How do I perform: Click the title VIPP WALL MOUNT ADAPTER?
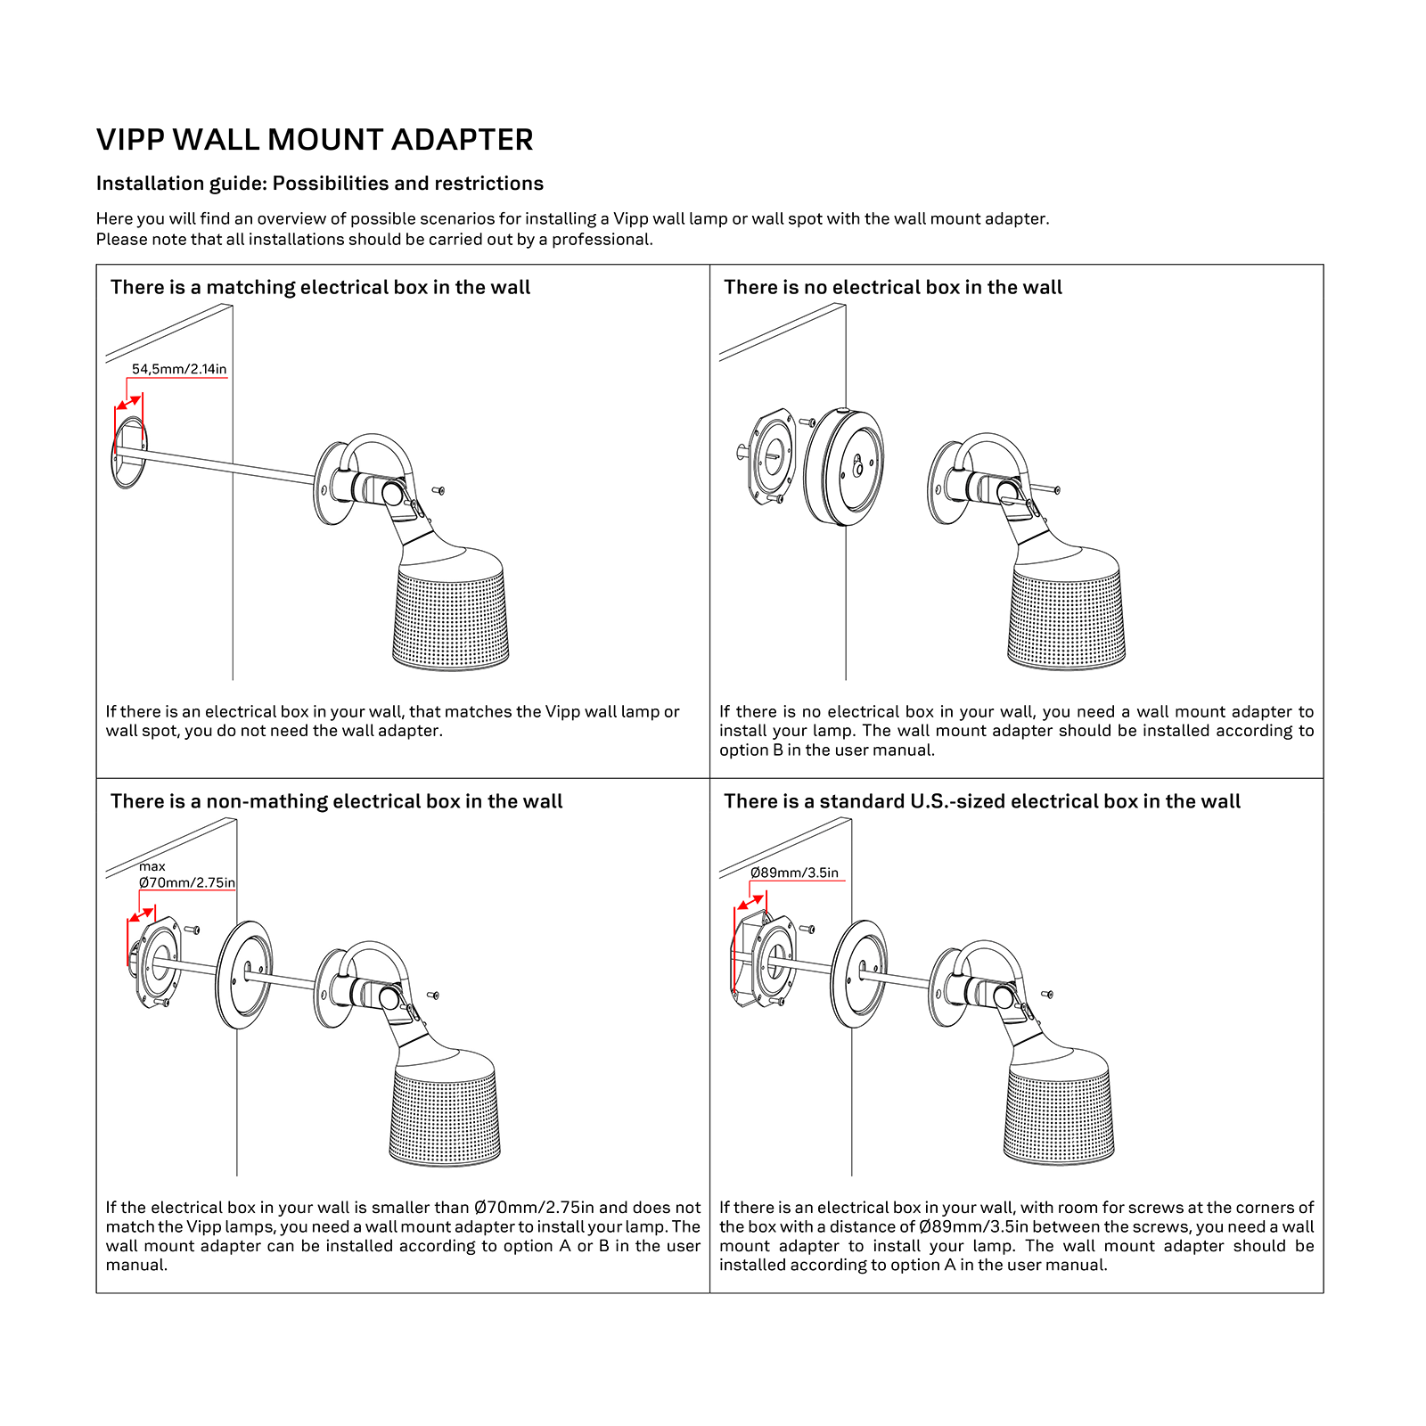[x=315, y=140]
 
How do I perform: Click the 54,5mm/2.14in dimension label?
[x=179, y=369]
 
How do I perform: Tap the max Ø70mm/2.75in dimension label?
[x=187, y=875]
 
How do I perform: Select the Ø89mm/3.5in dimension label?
[x=794, y=873]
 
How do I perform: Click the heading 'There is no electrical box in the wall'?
[x=892, y=287]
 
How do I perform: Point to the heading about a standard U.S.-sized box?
[x=981, y=801]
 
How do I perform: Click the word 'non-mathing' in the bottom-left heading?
[x=267, y=801]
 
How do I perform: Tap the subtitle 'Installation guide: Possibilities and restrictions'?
[x=319, y=184]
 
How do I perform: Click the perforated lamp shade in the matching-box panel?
[x=451, y=619]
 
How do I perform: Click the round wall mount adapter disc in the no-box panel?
[x=844, y=467]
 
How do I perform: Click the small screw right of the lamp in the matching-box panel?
[x=438, y=490]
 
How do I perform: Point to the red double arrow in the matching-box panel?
[x=129, y=401]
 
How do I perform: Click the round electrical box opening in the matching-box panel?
[x=128, y=452]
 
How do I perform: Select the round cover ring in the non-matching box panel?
[x=244, y=975]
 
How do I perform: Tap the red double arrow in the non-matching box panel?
[x=142, y=915]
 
